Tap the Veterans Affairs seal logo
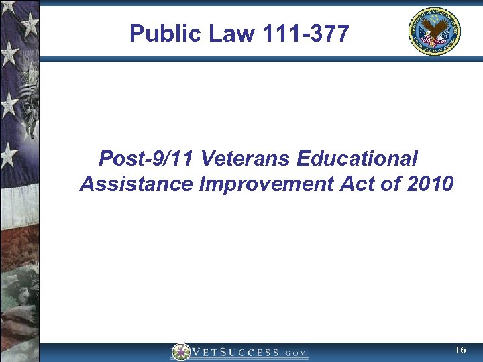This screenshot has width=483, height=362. point(435,32)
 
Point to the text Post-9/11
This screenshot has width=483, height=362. point(147,160)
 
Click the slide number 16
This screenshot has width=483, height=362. point(460,351)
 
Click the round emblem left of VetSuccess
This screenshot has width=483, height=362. point(180,352)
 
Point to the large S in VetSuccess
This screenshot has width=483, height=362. point(228,352)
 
